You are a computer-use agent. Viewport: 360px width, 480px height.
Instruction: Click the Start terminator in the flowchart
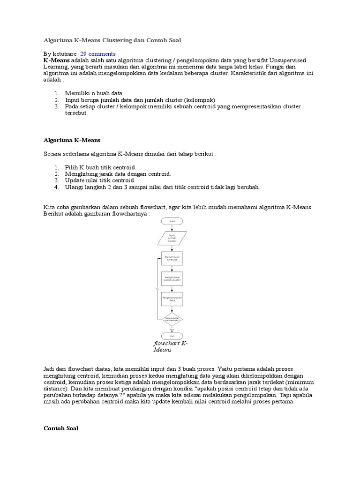coord(172,221)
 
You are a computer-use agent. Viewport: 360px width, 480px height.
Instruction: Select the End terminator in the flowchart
coord(172,336)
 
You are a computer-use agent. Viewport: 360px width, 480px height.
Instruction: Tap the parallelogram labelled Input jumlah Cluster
coord(172,238)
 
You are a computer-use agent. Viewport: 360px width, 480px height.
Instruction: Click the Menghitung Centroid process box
coord(172,258)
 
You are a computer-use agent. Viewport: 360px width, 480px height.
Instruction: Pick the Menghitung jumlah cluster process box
coord(172,279)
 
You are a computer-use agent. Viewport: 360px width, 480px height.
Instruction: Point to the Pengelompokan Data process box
coord(172,300)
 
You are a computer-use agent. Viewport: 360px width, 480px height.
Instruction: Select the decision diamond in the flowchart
coord(172,319)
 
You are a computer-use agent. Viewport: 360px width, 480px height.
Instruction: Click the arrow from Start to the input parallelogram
coord(172,227)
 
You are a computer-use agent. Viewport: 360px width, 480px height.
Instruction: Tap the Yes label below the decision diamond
coord(172,329)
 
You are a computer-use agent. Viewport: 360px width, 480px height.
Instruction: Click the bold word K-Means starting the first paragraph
coord(56,61)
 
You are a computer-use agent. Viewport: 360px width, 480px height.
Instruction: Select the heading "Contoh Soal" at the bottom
coord(61,428)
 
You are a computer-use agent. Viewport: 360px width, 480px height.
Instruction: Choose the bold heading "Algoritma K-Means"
coord(72,140)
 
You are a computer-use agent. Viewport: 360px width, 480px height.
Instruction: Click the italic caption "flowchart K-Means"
coord(170,346)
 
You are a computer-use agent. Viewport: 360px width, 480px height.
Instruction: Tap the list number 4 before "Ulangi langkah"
coord(55,187)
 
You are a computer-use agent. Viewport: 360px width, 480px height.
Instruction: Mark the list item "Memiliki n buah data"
coord(93,93)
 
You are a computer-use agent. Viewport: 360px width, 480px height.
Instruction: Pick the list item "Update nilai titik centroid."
coord(100,180)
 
